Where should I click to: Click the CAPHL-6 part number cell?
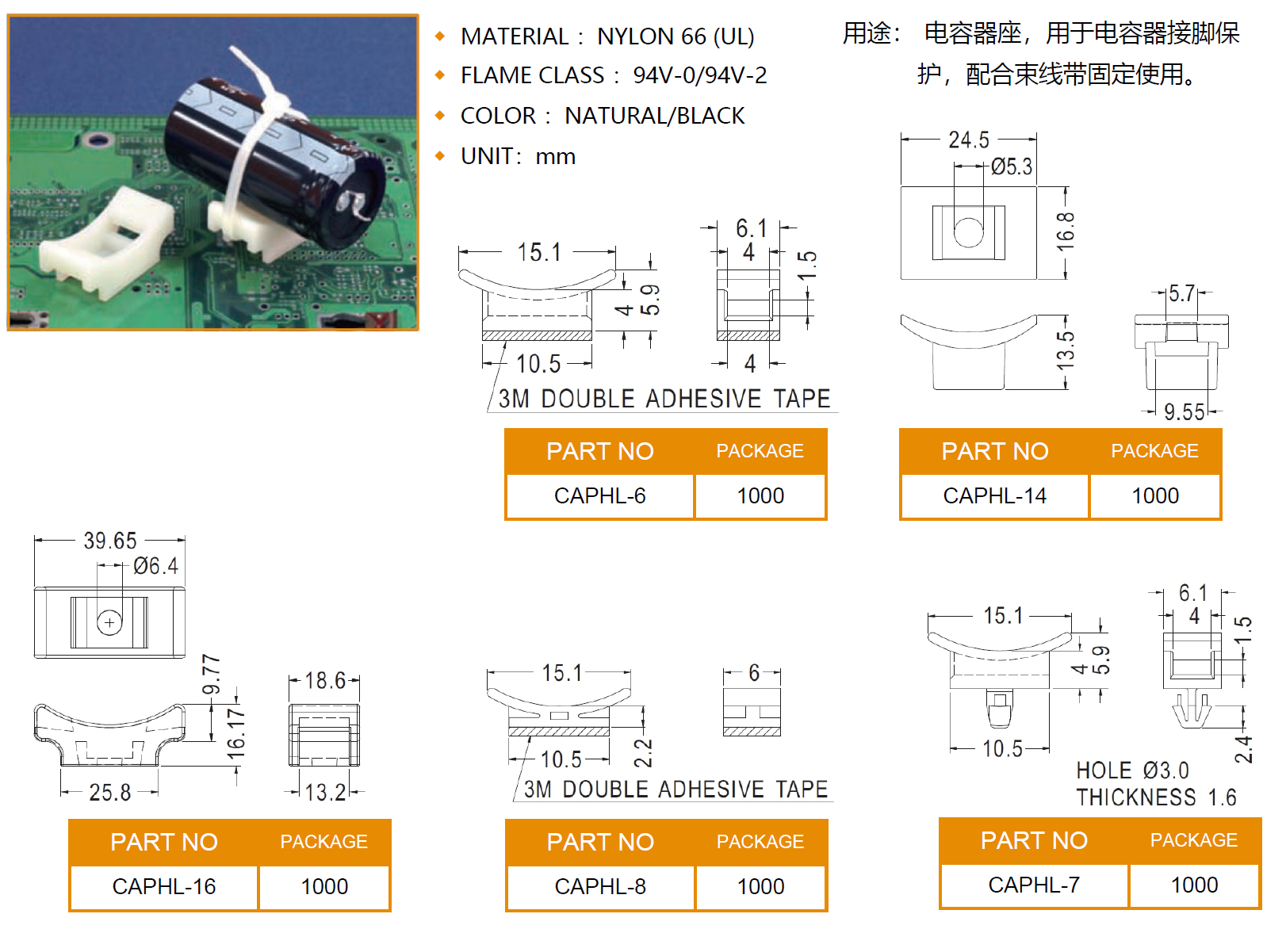599,496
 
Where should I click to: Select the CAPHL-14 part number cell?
994,496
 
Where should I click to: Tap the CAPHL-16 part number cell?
164,887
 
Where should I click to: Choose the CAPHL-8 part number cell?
600,887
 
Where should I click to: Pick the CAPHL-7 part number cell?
1034,885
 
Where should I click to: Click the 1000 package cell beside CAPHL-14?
1155,496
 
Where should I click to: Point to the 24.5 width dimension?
969,140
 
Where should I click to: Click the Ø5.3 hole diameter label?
1012,167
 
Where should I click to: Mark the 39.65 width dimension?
110,541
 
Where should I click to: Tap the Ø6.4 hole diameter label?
155,567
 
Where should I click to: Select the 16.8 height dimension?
1066,231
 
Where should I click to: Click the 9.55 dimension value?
1184,412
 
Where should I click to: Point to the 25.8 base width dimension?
110,793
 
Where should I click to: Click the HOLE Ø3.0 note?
1132,771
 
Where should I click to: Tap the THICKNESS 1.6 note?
1156,797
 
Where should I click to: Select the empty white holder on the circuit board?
107,238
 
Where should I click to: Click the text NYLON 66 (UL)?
676,36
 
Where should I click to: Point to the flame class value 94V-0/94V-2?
700,75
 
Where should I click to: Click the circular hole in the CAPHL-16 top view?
109,623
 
